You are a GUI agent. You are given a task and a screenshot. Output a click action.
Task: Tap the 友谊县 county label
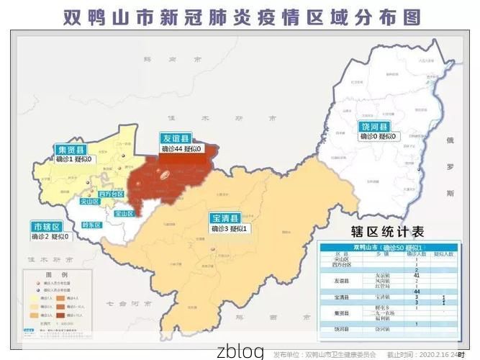tap(175, 138)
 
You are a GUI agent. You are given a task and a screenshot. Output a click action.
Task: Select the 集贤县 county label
tap(71, 149)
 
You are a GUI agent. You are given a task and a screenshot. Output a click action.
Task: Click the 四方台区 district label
tap(112, 194)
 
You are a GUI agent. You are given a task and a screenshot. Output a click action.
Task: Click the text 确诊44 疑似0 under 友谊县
tap(183, 148)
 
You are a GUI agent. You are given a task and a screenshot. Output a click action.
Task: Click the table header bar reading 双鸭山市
tap(389, 248)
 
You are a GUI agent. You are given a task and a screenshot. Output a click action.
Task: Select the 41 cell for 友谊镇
tap(417, 276)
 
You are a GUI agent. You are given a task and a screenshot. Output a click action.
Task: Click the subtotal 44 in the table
tap(417, 291)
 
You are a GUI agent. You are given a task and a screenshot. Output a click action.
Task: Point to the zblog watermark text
tap(240, 351)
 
